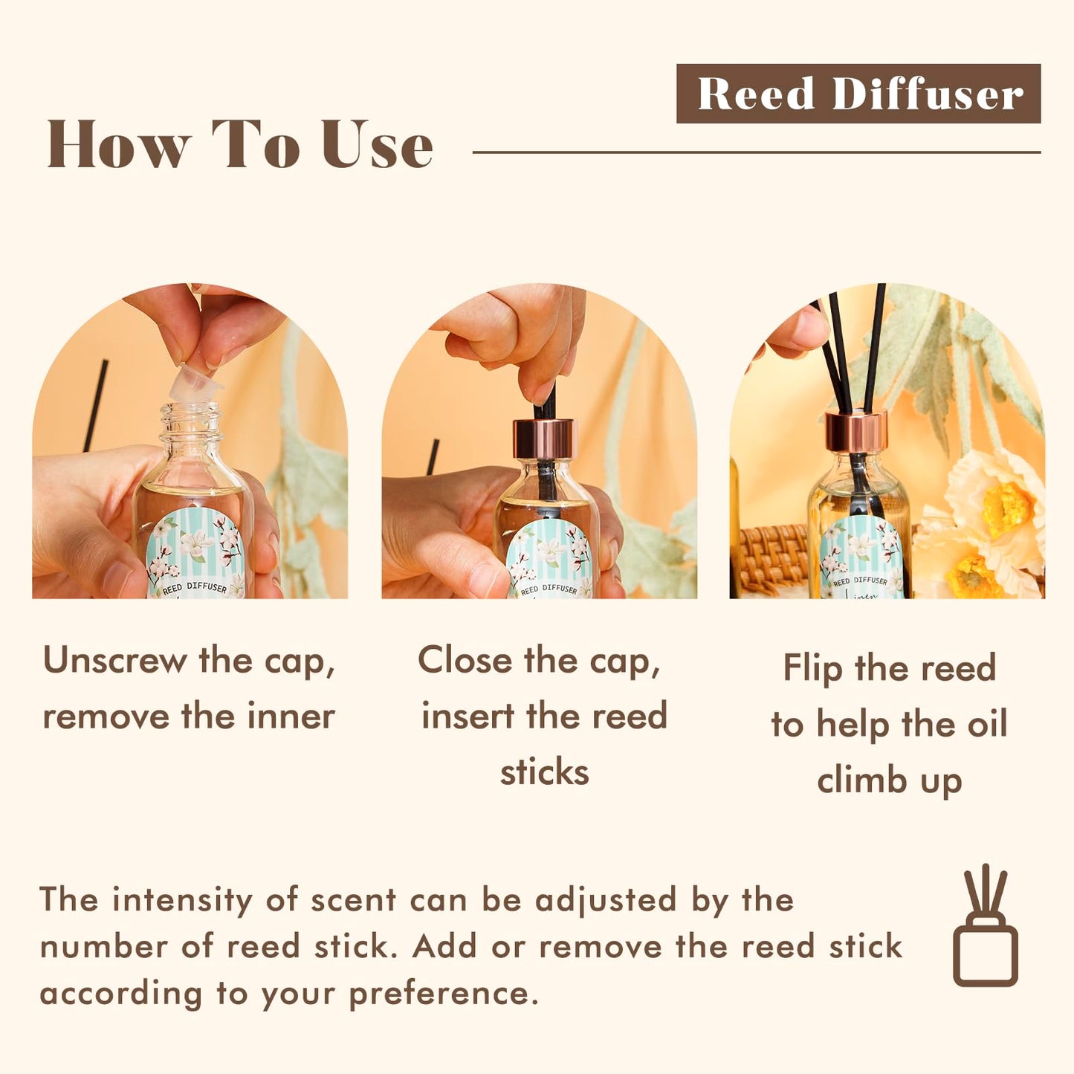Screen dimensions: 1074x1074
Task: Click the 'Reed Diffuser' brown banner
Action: (858, 94)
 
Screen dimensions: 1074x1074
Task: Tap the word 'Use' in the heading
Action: (378, 145)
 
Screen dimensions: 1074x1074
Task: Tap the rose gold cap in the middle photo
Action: (545, 439)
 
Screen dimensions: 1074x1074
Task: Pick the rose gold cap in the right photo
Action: (856, 431)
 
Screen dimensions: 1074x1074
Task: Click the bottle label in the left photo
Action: (195, 554)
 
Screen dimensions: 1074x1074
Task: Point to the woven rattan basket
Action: (773, 557)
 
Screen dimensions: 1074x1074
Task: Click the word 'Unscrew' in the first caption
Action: (115, 660)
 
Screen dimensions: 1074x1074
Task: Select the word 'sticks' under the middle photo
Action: (544, 772)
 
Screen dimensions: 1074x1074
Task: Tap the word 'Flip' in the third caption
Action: (812, 668)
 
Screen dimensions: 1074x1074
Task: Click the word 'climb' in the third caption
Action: (862, 780)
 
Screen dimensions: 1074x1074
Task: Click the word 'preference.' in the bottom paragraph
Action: (444, 994)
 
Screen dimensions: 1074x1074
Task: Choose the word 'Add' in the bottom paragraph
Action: (444, 947)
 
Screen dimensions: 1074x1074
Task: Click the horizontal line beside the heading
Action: (756, 152)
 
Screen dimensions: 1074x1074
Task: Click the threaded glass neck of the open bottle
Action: (192, 420)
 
